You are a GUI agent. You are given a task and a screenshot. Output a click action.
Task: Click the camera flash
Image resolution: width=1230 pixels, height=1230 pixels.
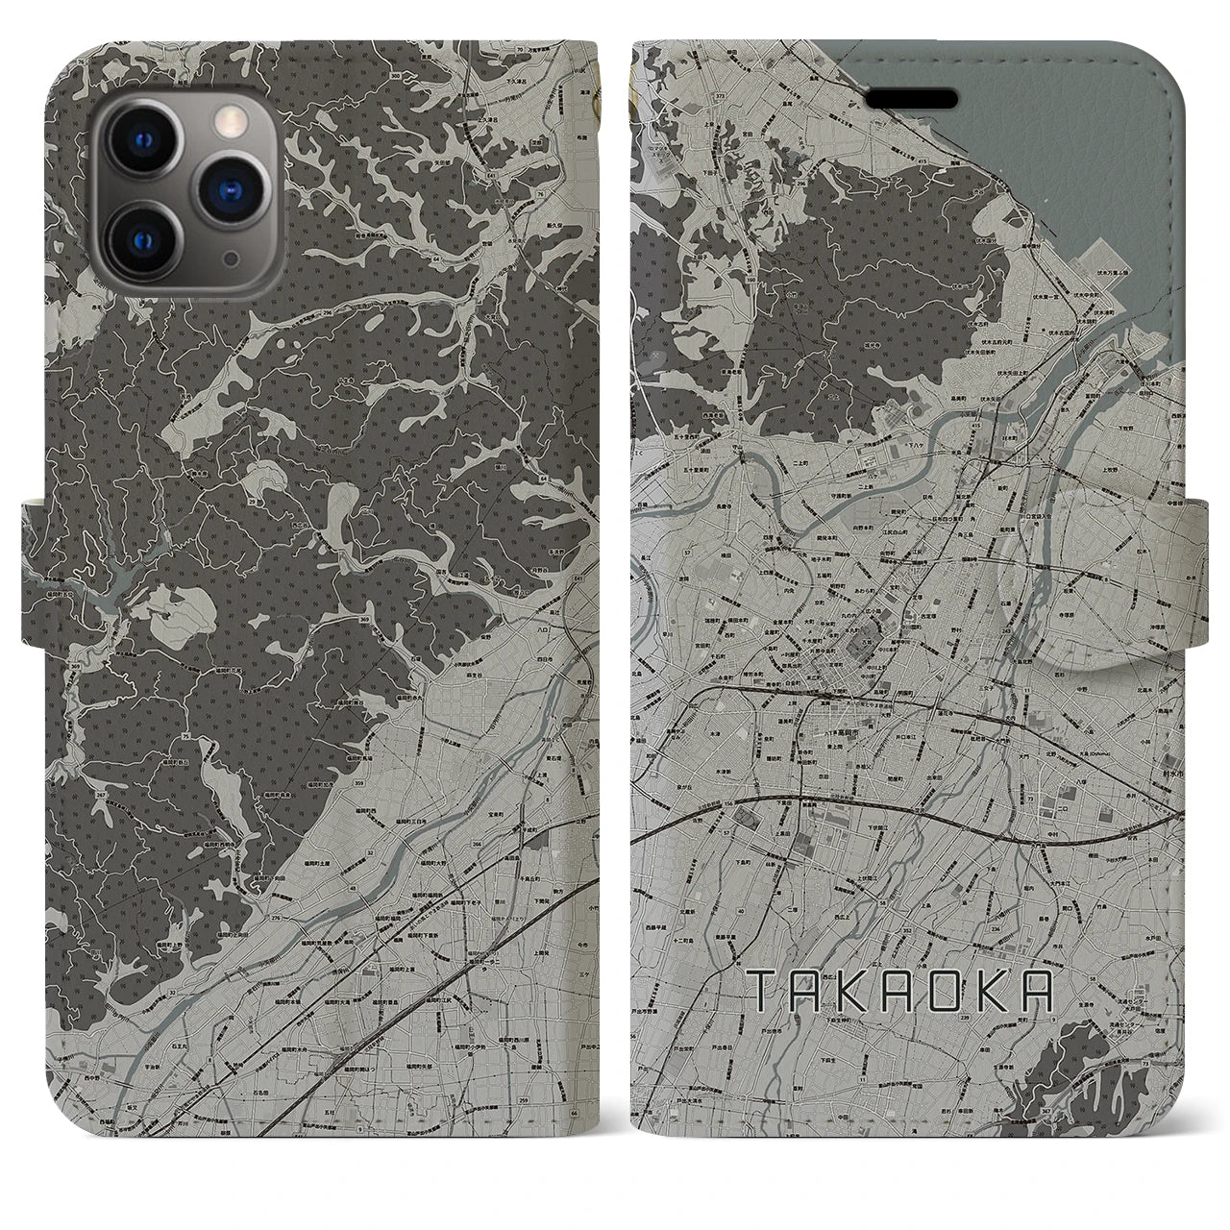(230, 120)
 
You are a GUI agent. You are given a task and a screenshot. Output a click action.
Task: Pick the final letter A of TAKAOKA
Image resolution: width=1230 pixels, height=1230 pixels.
(1035, 991)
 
